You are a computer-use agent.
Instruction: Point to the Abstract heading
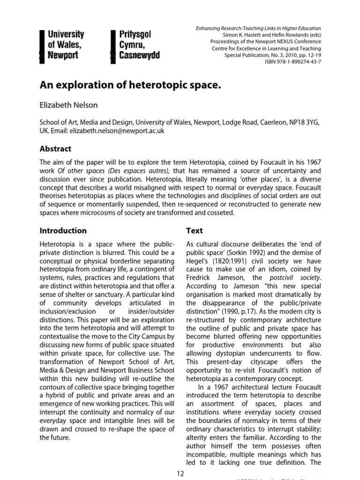coord(55,149)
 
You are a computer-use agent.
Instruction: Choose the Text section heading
coord(195,231)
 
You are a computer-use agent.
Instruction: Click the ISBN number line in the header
coord(296,62)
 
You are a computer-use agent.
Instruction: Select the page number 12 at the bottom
coord(180,473)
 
